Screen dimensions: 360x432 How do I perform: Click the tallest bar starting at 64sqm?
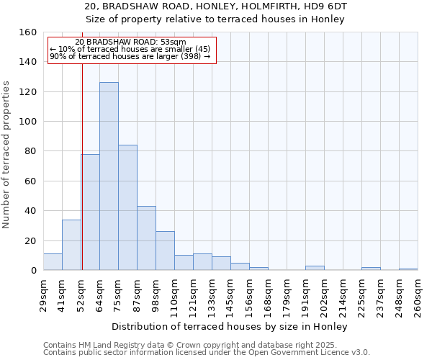(x=109, y=176)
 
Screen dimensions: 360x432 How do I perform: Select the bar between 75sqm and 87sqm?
(x=127, y=207)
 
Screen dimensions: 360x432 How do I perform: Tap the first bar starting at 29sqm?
(x=53, y=262)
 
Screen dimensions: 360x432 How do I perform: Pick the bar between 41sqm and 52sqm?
(x=71, y=245)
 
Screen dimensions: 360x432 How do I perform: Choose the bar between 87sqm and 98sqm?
(x=146, y=238)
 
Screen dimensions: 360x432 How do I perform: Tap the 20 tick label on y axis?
(x=30, y=240)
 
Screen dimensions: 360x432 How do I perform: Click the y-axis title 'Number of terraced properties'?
(x=6, y=155)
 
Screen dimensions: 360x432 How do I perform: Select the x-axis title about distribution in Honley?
(x=230, y=327)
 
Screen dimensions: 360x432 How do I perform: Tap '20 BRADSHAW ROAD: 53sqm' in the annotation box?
(x=130, y=42)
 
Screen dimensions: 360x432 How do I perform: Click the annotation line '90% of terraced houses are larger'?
(x=130, y=56)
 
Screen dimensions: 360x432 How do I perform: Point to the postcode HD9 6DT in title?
(x=328, y=6)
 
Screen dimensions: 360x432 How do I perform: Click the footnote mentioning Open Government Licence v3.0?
(x=207, y=353)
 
